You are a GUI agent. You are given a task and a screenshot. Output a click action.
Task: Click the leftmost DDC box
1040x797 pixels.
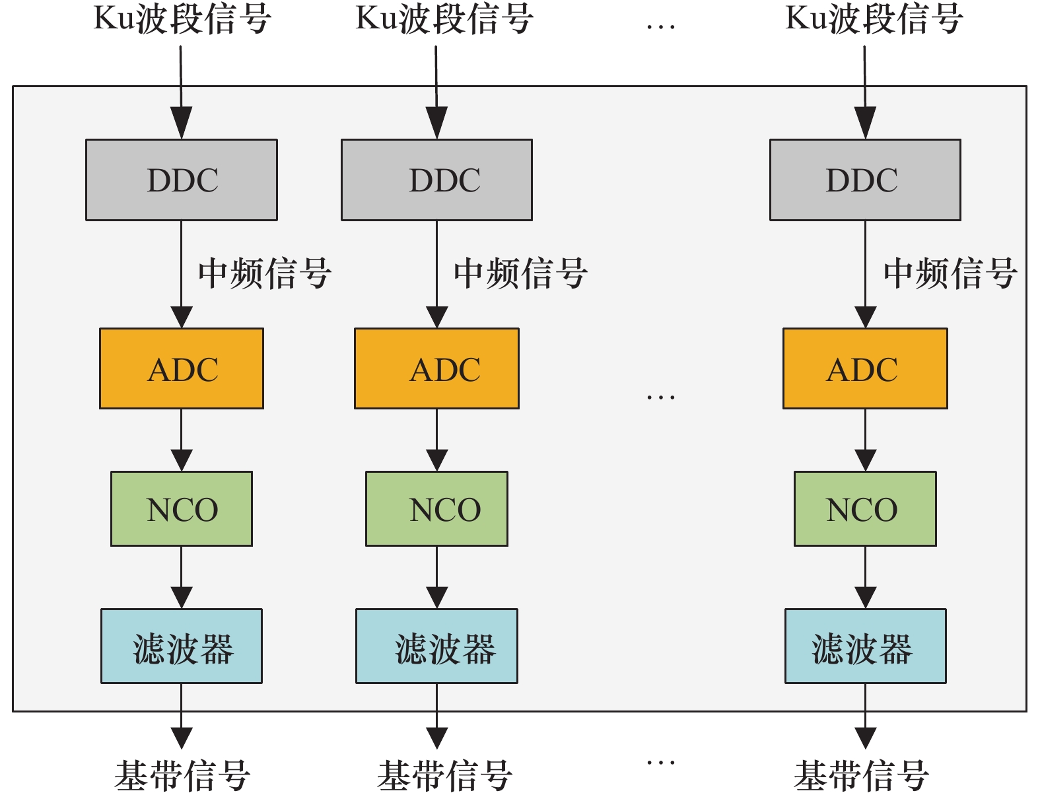182,180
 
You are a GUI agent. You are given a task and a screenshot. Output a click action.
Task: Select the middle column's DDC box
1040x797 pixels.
436,180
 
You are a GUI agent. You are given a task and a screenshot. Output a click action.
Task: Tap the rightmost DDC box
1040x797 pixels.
865,180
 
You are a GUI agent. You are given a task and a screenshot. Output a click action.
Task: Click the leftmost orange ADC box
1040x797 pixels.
182,368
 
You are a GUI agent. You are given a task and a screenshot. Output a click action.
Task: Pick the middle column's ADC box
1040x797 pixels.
436,368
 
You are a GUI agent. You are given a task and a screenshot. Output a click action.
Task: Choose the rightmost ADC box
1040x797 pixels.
865,368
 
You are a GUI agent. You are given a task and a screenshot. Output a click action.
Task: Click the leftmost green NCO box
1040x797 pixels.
182,508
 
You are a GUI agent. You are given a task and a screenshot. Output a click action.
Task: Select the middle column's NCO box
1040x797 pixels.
436,508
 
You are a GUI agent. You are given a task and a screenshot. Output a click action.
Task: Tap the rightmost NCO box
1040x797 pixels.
865,508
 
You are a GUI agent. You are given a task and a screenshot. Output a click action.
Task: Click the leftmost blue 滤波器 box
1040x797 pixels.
182,646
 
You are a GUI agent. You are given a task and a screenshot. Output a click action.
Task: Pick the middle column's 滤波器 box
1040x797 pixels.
436,646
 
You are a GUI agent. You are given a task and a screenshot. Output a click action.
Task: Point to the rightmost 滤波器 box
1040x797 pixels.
865,646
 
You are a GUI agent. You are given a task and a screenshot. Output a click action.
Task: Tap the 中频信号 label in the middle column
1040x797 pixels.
520,273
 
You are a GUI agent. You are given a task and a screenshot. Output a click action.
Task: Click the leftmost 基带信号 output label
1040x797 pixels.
182,775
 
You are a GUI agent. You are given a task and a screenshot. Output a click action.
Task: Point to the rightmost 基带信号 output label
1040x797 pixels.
862,775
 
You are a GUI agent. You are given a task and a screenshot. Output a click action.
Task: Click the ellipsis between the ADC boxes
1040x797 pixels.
661,397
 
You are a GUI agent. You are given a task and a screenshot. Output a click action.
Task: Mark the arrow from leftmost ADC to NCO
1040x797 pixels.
182,440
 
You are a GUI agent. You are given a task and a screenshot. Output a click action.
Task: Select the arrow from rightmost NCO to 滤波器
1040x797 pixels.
865,577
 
